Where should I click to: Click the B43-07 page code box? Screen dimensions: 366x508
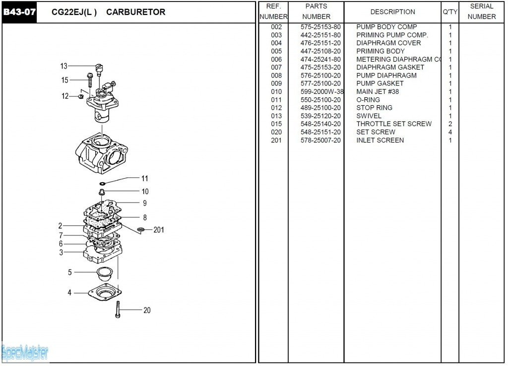(20, 12)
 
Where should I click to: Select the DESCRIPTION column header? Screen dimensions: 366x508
(392, 12)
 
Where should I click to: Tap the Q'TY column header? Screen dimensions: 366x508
(449, 12)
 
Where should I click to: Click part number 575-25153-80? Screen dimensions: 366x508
(320, 27)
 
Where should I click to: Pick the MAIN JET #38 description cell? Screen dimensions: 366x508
(378, 92)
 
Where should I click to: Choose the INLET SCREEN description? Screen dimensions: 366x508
(380, 141)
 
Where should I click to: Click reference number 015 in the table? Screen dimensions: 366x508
(276, 124)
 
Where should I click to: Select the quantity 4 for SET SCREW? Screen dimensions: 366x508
(450, 132)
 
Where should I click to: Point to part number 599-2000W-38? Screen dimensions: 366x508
(322, 92)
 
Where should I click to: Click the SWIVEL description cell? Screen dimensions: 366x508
(369, 116)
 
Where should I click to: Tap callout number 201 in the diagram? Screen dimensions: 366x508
(159, 230)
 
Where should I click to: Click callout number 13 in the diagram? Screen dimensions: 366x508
(63, 66)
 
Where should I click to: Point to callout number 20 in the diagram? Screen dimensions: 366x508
(147, 310)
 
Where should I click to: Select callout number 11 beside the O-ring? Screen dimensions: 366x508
(144, 179)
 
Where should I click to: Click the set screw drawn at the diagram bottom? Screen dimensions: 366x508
(118, 309)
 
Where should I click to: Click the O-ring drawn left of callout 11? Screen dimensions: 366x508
(102, 184)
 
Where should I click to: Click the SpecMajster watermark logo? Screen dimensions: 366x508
(25, 353)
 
